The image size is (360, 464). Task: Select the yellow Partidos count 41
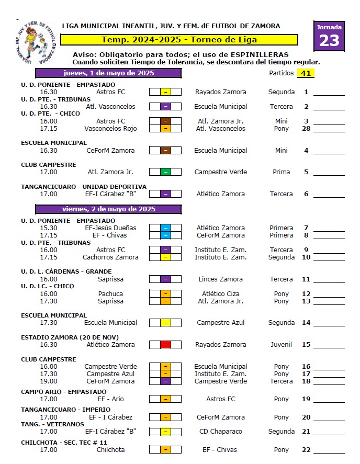click(306, 73)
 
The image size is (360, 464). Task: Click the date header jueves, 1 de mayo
click(108, 73)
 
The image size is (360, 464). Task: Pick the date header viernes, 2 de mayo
click(108, 209)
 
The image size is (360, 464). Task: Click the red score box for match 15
click(165, 345)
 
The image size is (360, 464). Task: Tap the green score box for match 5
click(165, 172)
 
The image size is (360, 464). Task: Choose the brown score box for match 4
click(165, 151)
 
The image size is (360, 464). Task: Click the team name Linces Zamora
click(220, 279)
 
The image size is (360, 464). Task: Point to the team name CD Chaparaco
click(220, 432)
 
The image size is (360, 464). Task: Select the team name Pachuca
click(110, 294)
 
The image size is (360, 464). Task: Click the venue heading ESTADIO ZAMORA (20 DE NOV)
click(70, 337)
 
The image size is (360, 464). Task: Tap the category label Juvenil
click(282, 345)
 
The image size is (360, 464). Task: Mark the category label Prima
click(282, 172)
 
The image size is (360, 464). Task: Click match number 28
click(306, 129)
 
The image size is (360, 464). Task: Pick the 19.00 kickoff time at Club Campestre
click(49, 381)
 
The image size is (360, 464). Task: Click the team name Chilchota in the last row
click(110, 450)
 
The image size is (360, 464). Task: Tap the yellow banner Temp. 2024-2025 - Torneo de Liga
click(179, 40)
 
